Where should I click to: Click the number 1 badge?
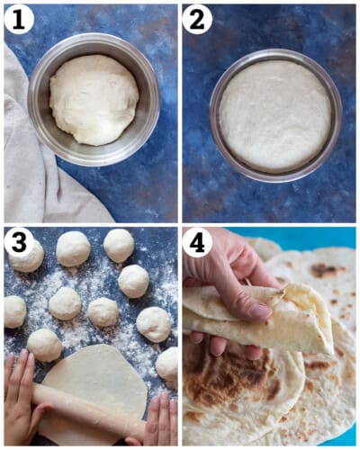pos(18,19)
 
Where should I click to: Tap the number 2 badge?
pos(198,19)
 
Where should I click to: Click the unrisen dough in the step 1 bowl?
pos(94,99)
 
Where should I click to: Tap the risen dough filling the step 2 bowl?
pos(274,114)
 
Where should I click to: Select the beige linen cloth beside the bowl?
pos(27,162)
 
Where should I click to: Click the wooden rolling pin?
pos(85,409)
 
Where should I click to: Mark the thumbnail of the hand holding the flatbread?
pos(259,310)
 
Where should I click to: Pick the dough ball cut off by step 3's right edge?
pos(168,364)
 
